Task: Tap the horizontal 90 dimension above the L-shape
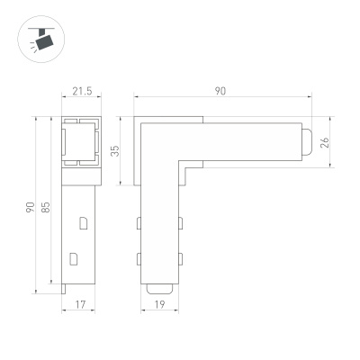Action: [220, 90]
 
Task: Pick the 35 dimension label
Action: [115, 150]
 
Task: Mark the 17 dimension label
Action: [81, 305]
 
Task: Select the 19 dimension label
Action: [160, 305]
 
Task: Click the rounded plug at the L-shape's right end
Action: [308, 143]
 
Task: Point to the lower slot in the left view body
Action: [74, 258]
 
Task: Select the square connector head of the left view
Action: [83, 143]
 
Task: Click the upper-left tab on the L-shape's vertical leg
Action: [139, 222]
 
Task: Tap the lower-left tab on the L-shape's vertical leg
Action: [139, 259]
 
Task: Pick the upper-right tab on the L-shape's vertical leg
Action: [180, 222]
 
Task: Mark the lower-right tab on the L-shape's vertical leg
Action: [180, 259]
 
